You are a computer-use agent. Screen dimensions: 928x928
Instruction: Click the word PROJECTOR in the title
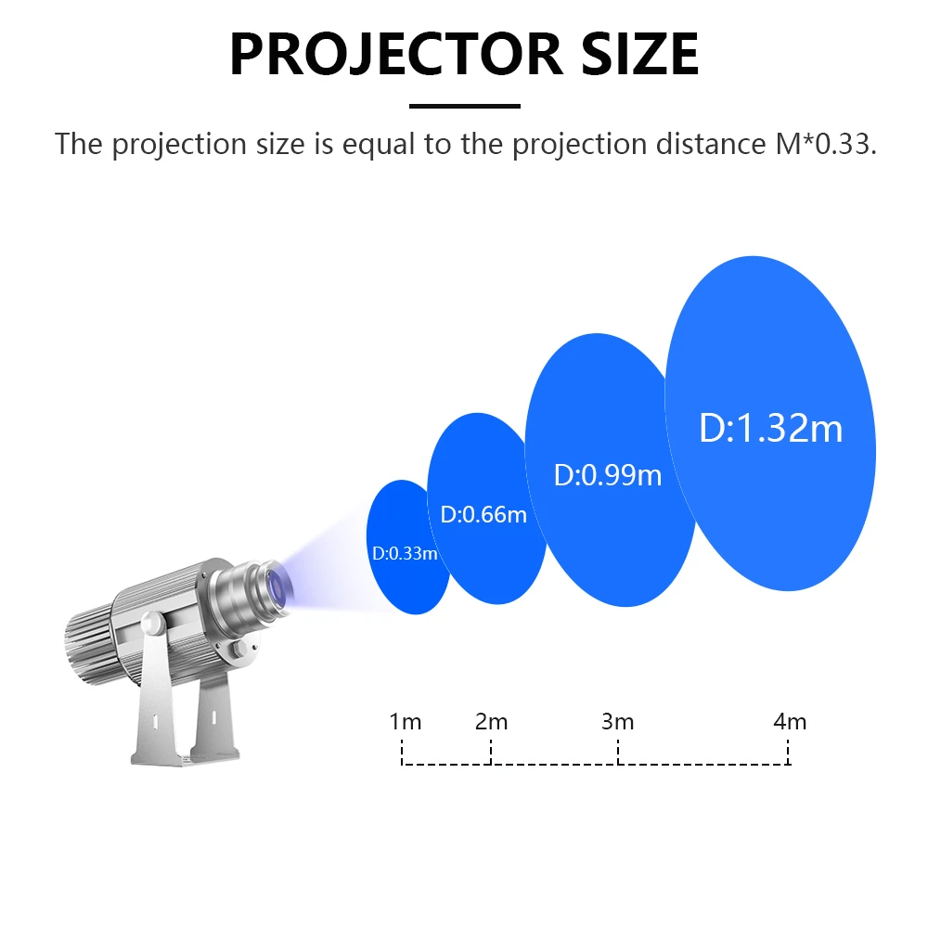click(395, 55)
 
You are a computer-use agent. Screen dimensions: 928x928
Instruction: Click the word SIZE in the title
click(639, 55)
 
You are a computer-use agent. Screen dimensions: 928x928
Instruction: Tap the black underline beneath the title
click(465, 107)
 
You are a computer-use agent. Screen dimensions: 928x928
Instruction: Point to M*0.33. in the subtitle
click(826, 144)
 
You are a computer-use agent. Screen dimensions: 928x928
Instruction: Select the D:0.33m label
click(405, 553)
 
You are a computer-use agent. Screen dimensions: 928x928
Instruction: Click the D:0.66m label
click(483, 515)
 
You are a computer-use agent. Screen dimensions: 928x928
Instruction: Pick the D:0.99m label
click(608, 475)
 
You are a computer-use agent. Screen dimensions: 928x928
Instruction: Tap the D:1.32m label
click(770, 428)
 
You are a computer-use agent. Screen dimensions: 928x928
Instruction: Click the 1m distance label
click(405, 722)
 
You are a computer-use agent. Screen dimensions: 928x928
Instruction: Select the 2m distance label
click(491, 722)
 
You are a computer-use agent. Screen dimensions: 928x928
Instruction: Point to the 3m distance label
click(617, 722)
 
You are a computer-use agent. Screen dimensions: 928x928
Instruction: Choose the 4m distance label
click(790, 722)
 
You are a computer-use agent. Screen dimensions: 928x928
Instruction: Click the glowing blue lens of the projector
click(277, 588)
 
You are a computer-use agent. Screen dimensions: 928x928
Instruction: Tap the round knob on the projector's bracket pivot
click(153, 623)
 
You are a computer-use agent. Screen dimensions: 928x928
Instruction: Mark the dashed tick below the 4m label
click(788, 752)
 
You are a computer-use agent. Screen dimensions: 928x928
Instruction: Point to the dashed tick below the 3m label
click(618, 752)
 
